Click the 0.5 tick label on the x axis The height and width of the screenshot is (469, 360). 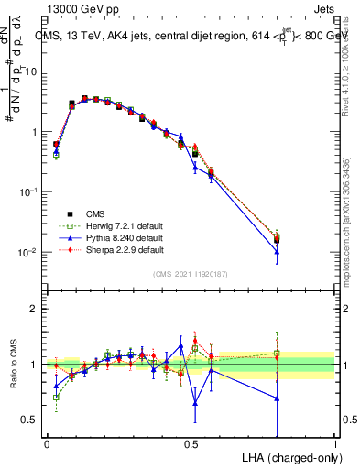pos(191,443)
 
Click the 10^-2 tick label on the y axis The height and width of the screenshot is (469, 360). pos(31,252)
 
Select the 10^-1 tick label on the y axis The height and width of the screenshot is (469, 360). pos(31,191)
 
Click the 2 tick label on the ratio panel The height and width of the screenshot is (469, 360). pos(37,309)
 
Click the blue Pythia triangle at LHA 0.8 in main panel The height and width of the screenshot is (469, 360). pos(277,251)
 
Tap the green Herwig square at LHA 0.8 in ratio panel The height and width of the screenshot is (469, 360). pos(277,353)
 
